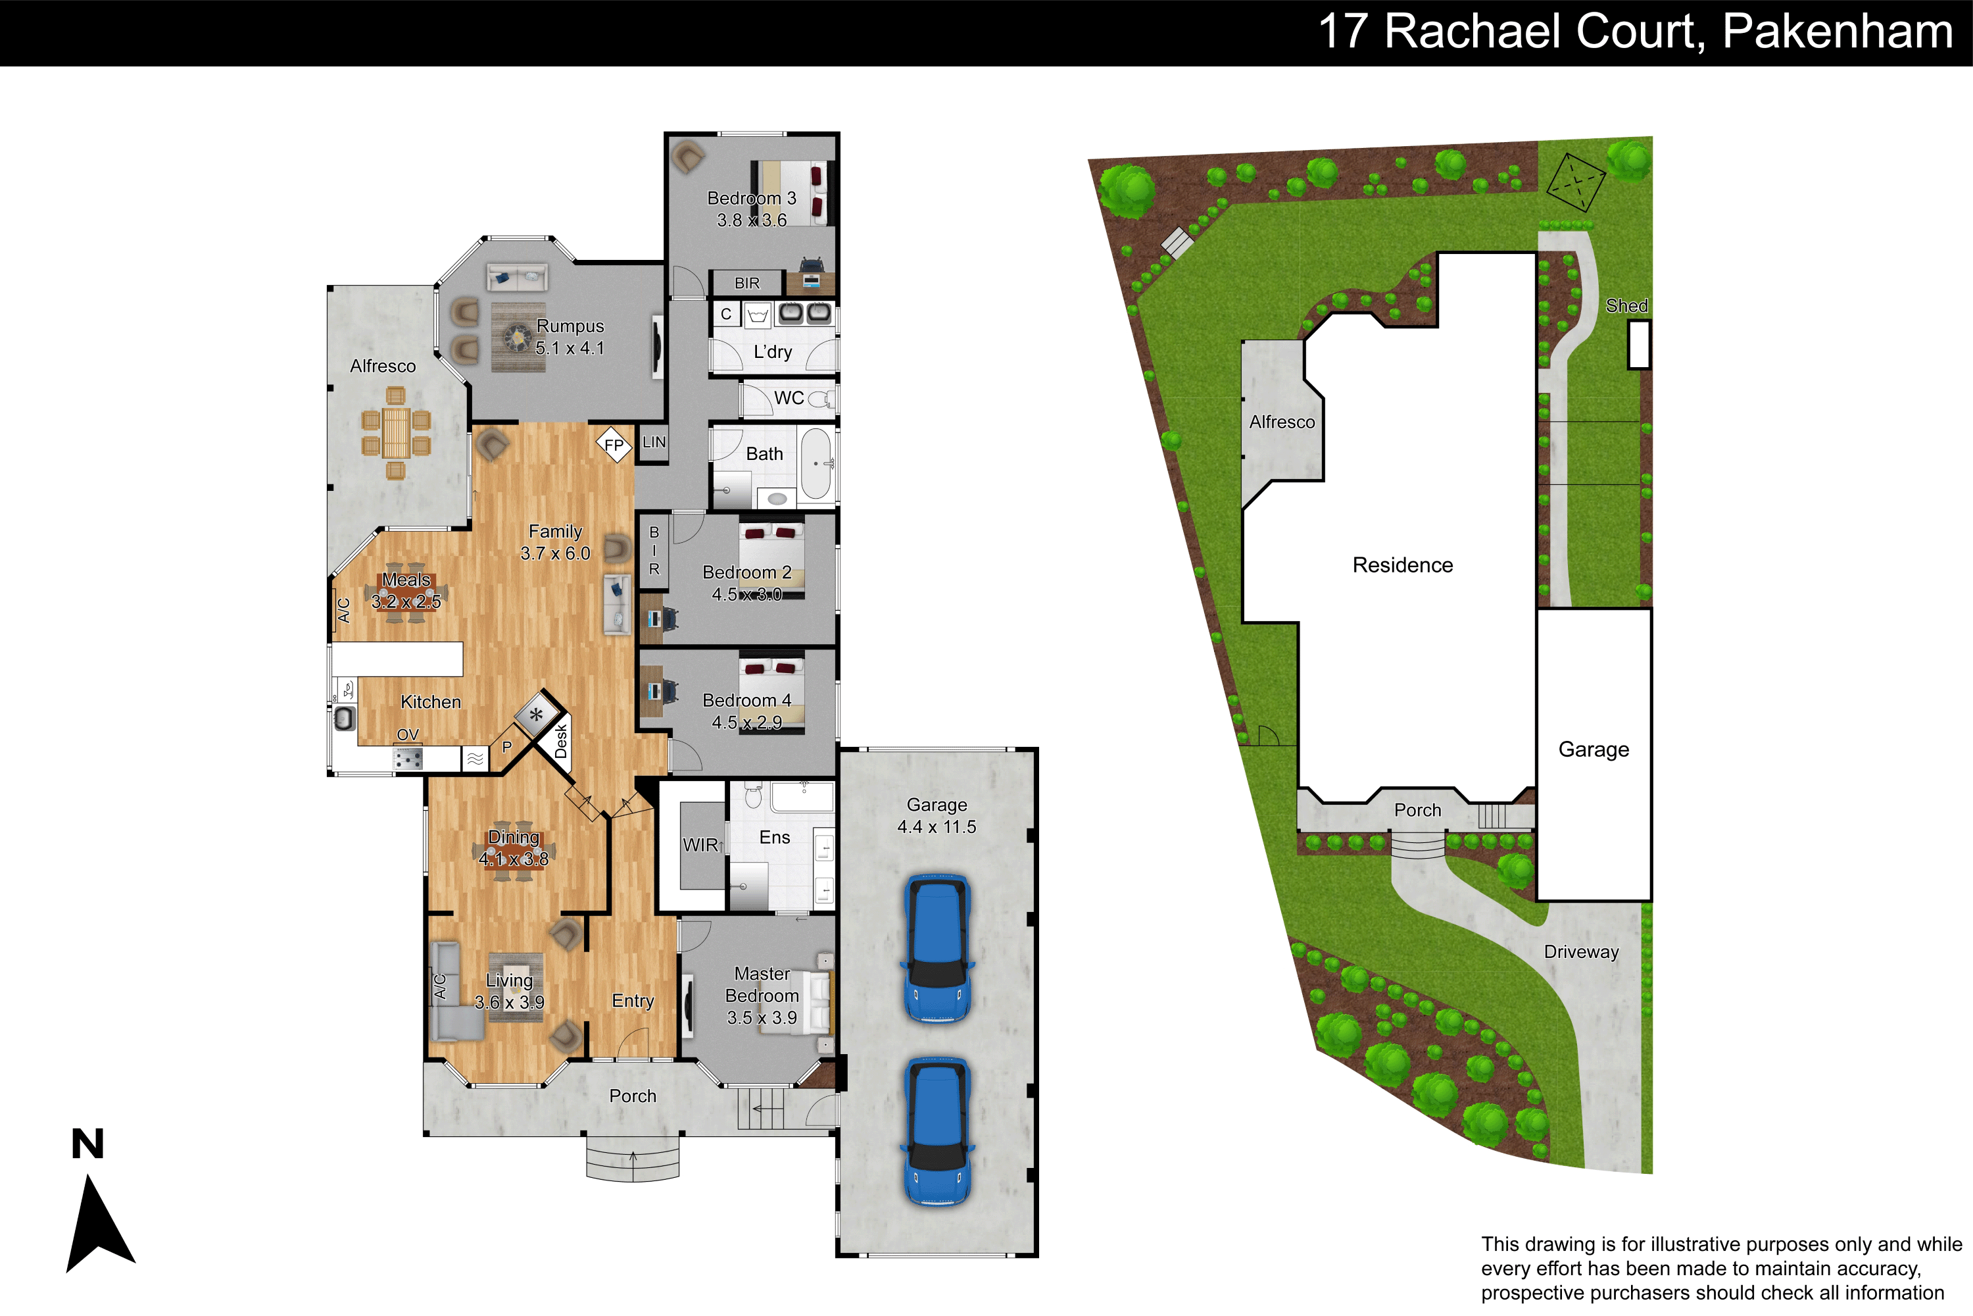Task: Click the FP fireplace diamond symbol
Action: coord(614,445)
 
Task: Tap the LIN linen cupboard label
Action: coord(654,442)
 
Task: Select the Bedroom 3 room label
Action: coord(752,199)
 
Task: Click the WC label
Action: coord(789,398)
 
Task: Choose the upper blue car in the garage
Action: coord(938,948)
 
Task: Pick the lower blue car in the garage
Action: coord(938,1130)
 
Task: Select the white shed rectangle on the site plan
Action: coord(1638,345)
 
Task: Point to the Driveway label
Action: coord(1581,951)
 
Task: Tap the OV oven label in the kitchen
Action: coord(408,734)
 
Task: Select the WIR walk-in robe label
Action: coord(700,845)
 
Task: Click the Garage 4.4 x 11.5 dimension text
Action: coord(937,826)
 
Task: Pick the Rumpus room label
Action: coord(570,326)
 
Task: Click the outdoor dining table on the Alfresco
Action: coord(396,432)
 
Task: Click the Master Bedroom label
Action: coord(762,984)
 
